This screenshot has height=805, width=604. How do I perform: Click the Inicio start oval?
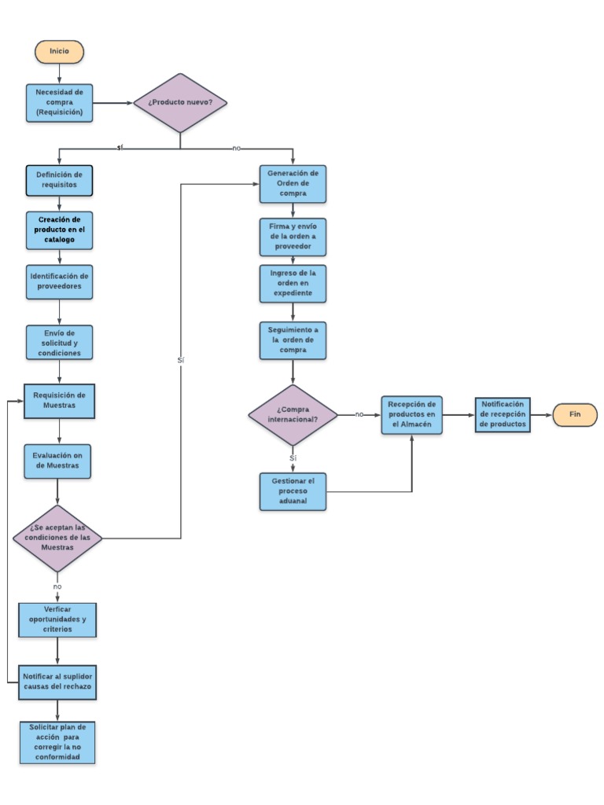coord(59,51)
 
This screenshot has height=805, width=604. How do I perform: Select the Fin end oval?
coord(574,414)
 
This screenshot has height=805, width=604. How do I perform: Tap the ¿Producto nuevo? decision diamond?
coord(180,103)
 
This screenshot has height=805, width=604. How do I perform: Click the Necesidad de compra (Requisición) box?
coord(59,103)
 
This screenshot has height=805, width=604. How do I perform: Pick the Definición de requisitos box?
coord(59,180)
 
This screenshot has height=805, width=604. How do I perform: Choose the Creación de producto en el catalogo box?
coord(59,229)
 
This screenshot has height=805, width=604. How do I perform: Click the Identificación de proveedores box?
coord(59,281)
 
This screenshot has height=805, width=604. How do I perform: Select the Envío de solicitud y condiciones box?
coord(59,343)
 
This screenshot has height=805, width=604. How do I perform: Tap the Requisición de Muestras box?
coord(59,400)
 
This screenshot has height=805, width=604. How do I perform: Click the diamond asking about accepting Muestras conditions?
coord(57,539)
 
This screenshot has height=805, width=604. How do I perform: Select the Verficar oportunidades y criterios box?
coord(57,619)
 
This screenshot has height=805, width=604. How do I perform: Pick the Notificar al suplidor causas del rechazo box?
coord(57,682)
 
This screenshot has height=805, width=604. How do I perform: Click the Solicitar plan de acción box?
coord(57,742)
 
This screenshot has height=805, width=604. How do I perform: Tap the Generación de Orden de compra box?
coord(293,183)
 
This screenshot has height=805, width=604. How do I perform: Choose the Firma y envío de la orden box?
coord(293,236)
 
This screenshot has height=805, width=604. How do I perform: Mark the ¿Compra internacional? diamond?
coord(293,414)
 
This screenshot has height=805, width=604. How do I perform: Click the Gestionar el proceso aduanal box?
coord(293,491)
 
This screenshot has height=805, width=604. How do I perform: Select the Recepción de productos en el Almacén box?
coord(412,414)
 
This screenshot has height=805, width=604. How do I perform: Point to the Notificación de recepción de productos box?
coord(503,414)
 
